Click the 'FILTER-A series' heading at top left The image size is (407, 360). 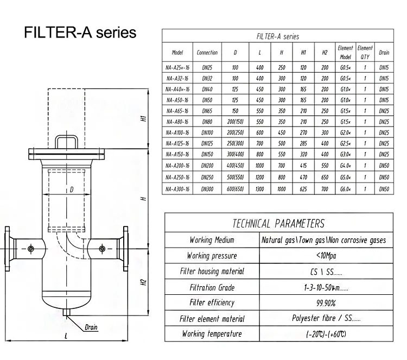coord(80,32)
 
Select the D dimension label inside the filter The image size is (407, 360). coord(72,190)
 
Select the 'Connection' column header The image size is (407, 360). coord(207,53)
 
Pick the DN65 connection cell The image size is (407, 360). coord(207,110)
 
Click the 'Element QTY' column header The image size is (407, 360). coord(365,53)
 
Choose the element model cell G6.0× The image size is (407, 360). coord(345,188)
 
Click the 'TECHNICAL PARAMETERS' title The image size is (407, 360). coord(278,224)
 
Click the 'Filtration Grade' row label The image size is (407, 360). coord(212,287)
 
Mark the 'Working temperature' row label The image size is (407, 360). coord(212,334)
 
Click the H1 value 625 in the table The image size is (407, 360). coord(303,188)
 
